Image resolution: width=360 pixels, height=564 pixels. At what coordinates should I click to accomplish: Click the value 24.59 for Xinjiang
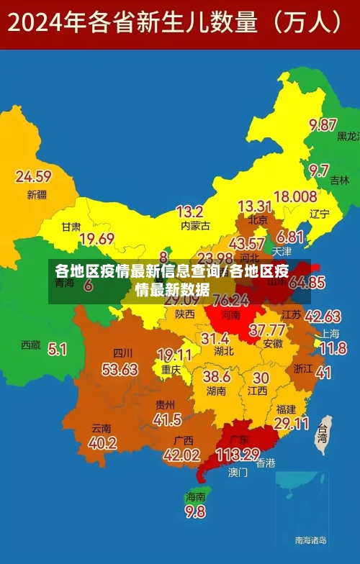pos(33,176)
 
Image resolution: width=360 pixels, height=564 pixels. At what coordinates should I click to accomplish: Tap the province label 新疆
pos(37,194)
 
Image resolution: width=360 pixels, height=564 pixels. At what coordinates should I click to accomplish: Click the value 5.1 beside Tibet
pos(57,349)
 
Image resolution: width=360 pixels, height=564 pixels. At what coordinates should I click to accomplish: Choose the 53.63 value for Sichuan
pos(120,370)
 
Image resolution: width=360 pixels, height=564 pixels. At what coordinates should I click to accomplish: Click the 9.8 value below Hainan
pos(195,511)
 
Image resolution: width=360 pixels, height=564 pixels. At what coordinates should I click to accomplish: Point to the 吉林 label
pos(339,181)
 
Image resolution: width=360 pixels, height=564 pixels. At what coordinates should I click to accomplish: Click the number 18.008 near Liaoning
pos(295,196)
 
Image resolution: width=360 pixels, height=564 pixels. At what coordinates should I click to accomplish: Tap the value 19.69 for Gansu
pos(96,239)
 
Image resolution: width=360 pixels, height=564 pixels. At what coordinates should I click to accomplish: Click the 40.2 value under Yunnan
pos(102,443)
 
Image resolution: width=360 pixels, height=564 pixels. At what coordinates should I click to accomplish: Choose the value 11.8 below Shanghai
pos(333,349)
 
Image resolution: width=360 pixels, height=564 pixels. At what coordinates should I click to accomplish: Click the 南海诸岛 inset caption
pos(311,540)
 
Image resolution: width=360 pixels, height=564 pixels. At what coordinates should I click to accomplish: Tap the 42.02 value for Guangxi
pos(181,455)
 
